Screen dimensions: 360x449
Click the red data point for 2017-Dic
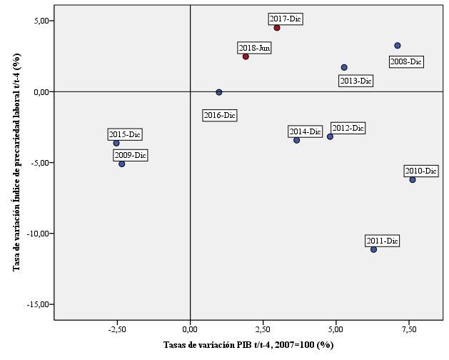[277, 28]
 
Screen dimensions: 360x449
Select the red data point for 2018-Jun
[246, 56]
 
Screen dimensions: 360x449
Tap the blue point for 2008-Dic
[398, 46]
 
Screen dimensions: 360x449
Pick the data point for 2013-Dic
[344, 68]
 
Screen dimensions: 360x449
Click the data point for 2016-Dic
[219, 92]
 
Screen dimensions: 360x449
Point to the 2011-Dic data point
[373, 249]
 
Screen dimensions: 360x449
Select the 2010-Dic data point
[413, 180]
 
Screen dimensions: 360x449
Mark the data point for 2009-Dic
[122, 164]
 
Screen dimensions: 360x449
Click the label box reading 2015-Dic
[125, 134]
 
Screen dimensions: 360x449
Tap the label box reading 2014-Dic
[306, 131]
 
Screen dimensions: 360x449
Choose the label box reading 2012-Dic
[348, 128]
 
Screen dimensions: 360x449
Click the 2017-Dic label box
[286, 19]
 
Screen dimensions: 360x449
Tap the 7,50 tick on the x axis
[408, 330]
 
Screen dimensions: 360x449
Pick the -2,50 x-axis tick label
[116, 330]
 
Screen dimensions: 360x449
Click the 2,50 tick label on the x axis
[263, 330]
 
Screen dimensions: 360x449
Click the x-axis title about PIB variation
[248, 346]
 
